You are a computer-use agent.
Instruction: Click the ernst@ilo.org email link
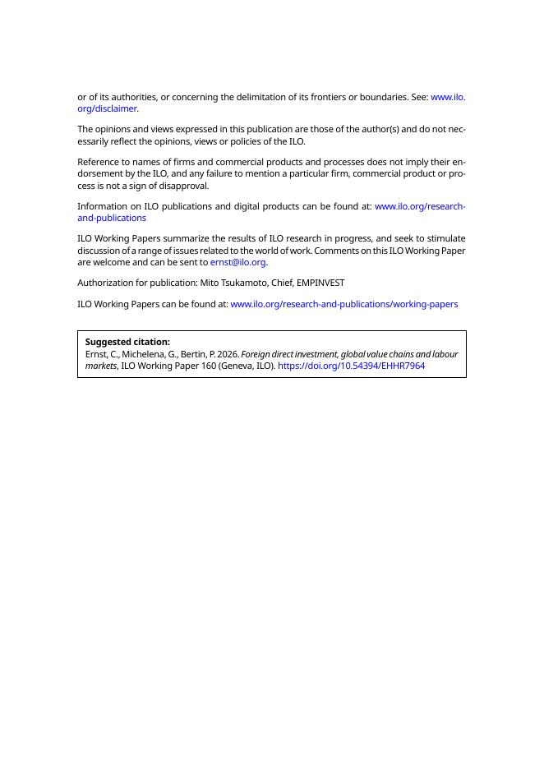point(237,263)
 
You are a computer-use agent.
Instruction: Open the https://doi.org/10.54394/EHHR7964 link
point(351,366)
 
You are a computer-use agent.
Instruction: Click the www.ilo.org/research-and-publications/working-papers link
point(343,304)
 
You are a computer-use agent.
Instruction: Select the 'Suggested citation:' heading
point(127,342)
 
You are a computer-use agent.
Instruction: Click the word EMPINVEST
point(320,283)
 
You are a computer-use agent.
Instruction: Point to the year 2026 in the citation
point(228,354)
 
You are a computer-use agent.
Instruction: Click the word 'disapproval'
point(184,186)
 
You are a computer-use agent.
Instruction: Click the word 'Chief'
point(282,283)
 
